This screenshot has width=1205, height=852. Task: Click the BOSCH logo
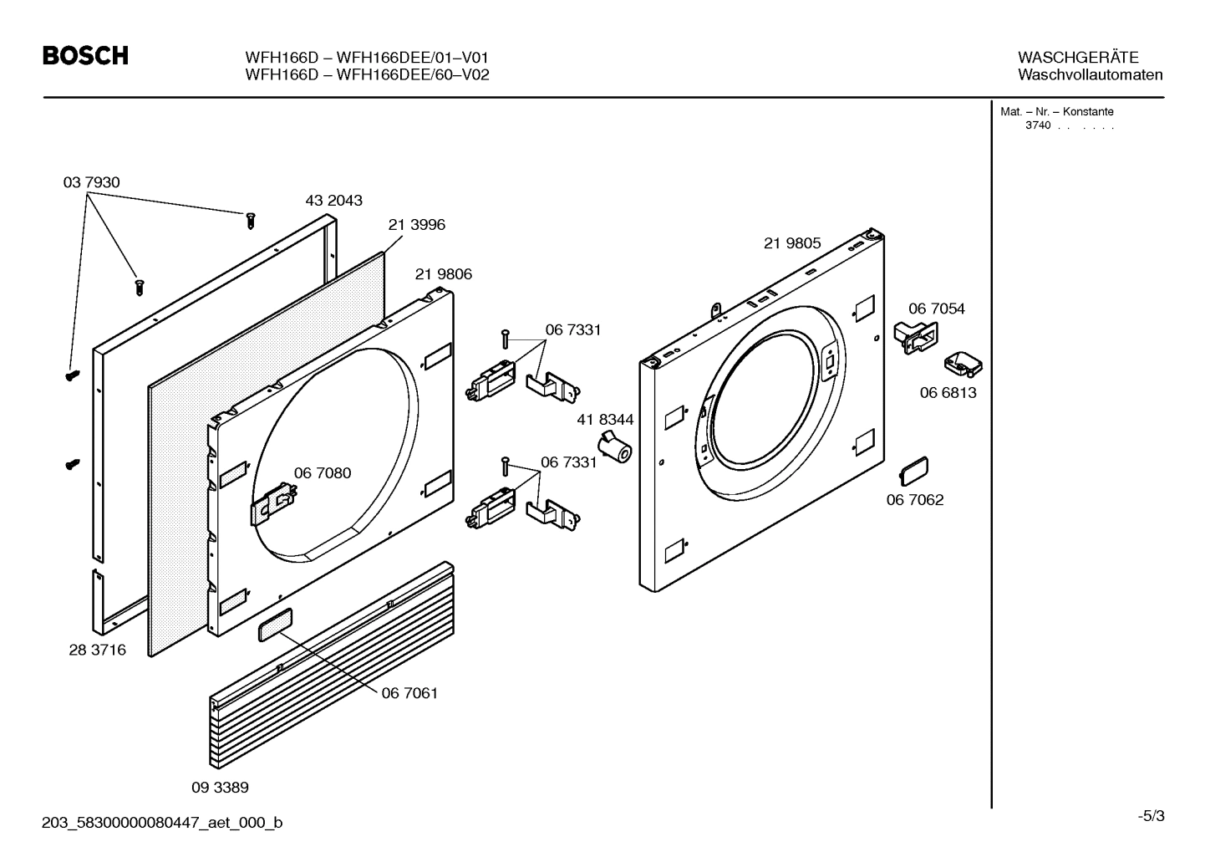click(x=85, y=56)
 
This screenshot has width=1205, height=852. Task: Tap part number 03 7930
click(x=91, y=182)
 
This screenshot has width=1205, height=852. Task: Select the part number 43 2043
click(x=333, y=201)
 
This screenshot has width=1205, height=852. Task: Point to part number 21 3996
click(x=416, y=225)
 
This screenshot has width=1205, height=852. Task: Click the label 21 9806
click(x=443, y=274)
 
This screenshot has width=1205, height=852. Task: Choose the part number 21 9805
click(x=791, y=243)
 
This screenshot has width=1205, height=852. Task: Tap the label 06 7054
click(x=936, y=309)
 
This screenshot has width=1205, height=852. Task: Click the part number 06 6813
click(x=948, y=393)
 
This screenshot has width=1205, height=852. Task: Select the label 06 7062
click(x=914, y=500)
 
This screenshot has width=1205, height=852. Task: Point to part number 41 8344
click(x=604, y=420)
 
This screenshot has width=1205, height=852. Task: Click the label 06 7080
click(x=322, y=473)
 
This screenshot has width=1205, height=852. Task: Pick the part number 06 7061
click(x=409, y=693)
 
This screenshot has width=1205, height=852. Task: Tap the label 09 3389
click(x=220, y=788)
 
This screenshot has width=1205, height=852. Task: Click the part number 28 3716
click(x=97, y=650)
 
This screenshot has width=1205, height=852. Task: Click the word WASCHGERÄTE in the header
click(x=1077, y=58)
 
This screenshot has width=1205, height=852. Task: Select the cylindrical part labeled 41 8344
click(x=616, y=447)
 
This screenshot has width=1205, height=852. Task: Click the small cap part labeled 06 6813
click(x=963, y=365)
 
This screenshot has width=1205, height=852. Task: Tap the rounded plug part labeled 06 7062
click(x=913, y=471)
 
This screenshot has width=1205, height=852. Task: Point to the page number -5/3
click(x=1150, y=815)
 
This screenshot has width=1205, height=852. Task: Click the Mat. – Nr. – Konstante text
click(x=1056, y=112)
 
